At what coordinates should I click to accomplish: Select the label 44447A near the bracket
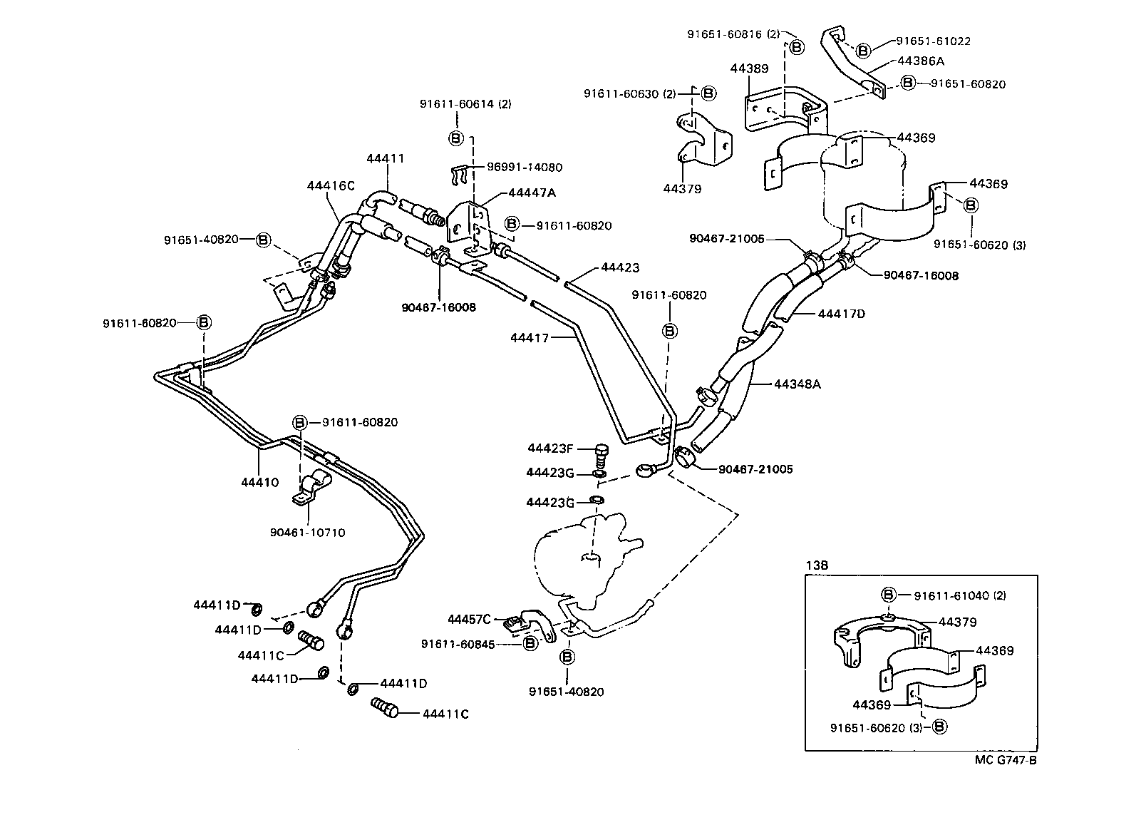532,193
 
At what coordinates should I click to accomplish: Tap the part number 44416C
331,185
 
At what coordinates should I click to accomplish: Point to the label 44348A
797,384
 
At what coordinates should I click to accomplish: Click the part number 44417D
841,314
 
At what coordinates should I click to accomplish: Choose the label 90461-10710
307,532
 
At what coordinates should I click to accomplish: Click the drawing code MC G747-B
1006,759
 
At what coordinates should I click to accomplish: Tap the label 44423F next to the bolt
550,449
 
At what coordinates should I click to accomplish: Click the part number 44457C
469,619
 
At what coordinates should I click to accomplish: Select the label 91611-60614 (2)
465,104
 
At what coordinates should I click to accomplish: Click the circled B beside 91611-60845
530,643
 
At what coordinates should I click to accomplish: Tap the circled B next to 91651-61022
863,51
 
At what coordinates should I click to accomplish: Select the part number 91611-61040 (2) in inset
961,595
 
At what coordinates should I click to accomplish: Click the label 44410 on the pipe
259,483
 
